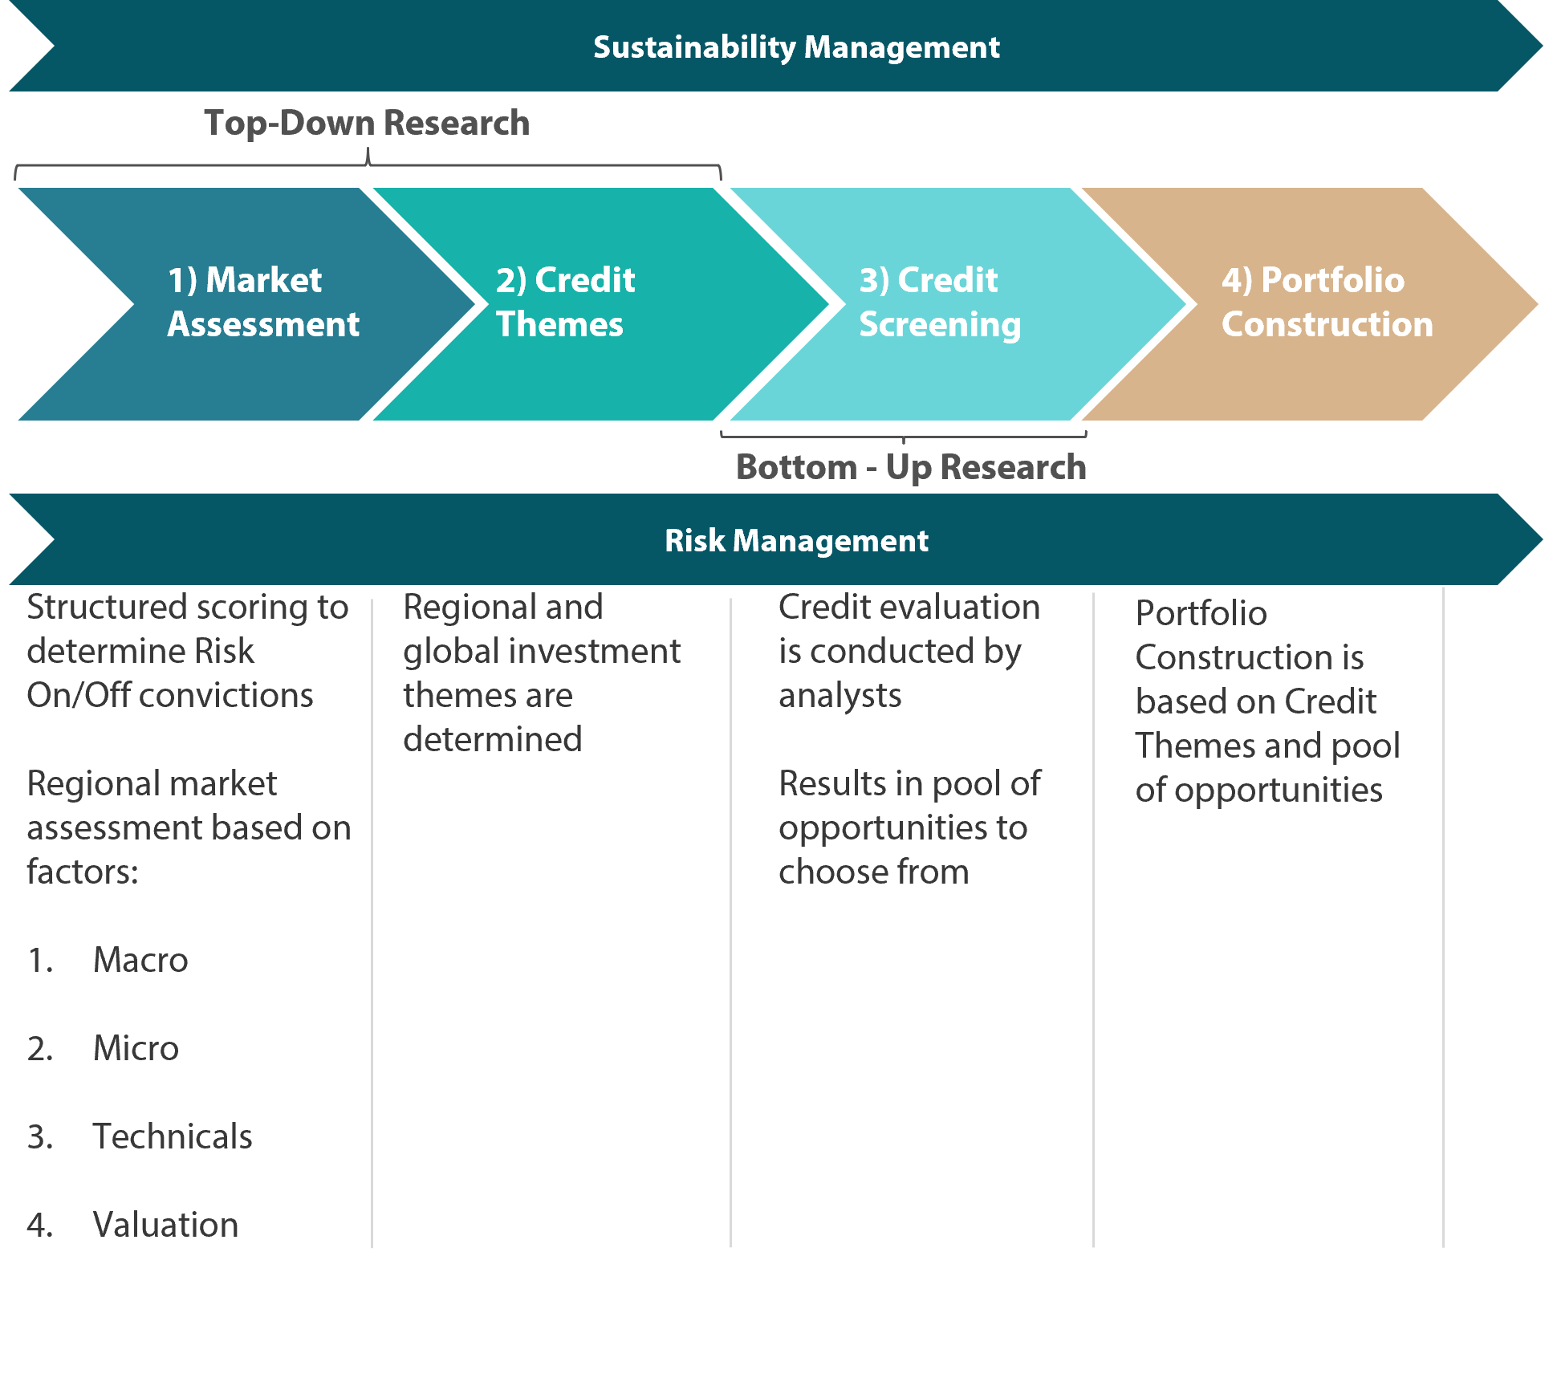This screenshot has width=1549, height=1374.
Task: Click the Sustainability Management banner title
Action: [x=796, y=47]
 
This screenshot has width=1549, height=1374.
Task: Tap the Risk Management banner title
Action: [x=796, y=541]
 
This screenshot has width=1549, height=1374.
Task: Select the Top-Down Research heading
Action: [x=367, y=123]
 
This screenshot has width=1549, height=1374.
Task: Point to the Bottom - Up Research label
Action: [x=911, y=467]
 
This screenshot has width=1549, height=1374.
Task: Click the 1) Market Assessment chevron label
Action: [x=263, y=302]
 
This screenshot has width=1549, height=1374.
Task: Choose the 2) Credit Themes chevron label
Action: [x=565, y=302]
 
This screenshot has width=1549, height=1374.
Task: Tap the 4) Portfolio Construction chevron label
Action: [x=1327, y=302]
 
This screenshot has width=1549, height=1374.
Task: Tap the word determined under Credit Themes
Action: [x=493, y=739]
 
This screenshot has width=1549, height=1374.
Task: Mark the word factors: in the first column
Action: [x=83, y=872]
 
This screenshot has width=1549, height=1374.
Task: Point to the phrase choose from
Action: [x=874, y=872]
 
